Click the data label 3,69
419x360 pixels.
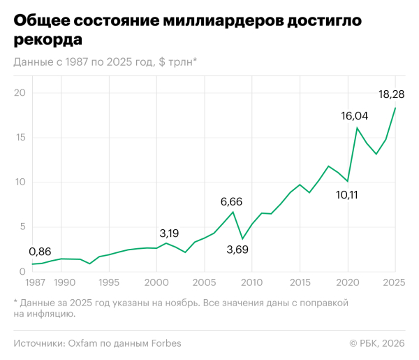pyautogui.click(x=242, y=249)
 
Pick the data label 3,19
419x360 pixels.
pyautogui.click(x=170, y=233)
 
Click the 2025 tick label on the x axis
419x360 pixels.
pyautogui.click(x=394, y=282)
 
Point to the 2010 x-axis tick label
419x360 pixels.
pyautogui.click(x=251, y=282)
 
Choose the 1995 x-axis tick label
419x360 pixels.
pyautogui.click(x=108, y=282)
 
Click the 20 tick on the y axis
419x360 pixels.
pyautogui.click(x=20, y=93)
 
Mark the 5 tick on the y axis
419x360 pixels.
pyautogui.click(x=22, y=226)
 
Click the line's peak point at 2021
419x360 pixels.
pyautogui.click(x=357, y=128)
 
